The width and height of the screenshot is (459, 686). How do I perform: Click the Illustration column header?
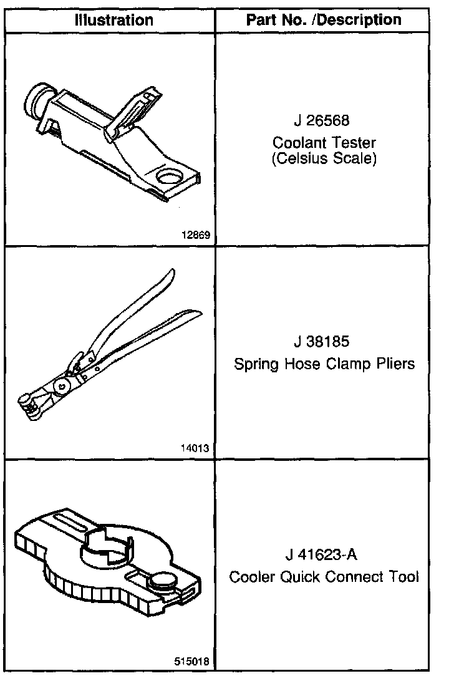(x=114, y=20)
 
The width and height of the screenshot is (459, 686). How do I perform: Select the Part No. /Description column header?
(x=324, y=20)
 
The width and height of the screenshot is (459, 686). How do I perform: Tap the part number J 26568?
(x=324, y=120)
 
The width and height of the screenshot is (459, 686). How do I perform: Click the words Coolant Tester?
(x=324, y=143)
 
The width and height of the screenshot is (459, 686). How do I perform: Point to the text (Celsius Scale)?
(x=324, y=158)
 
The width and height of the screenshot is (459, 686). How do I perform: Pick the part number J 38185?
(x=324, y=342)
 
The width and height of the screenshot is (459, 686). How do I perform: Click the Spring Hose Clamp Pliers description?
(x=324, y=364)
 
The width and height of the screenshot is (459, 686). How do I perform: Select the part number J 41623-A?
(x=324, y=554)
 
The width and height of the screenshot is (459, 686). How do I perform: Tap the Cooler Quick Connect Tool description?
(x=324, y=576)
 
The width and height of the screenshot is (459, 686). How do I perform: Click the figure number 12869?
(x=196, y=236)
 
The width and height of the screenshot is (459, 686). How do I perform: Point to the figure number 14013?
(x=196, y=448)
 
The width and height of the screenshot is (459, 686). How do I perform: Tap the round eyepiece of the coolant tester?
(x=35, y=100)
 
